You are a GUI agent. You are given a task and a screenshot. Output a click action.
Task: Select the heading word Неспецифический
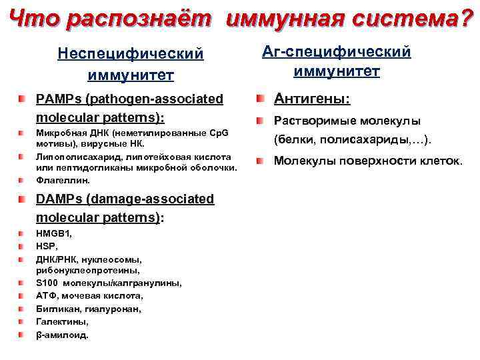pos(130,53)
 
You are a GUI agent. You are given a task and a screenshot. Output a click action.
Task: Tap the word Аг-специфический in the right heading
pos(337,51)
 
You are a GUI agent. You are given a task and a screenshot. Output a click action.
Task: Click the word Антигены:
pos(312,99)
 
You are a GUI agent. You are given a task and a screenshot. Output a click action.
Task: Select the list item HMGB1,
pos(54,234)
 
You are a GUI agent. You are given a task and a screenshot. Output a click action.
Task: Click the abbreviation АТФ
pos(45,296)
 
